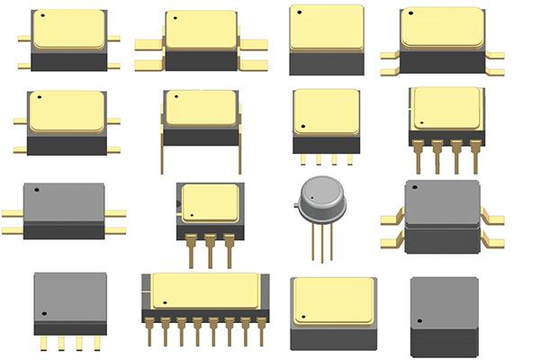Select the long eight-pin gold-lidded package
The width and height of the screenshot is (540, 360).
(205, 297)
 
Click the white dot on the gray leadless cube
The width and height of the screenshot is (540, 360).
(418, 322)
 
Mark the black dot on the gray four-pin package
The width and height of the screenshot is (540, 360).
(40, 313)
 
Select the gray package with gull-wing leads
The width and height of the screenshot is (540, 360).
(442, 216)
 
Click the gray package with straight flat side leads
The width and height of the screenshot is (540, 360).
(63, 210)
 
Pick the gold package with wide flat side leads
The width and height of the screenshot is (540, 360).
(202, 40)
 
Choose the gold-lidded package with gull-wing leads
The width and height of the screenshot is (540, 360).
(441, 40)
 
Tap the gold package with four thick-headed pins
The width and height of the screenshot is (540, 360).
(445, 121)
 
